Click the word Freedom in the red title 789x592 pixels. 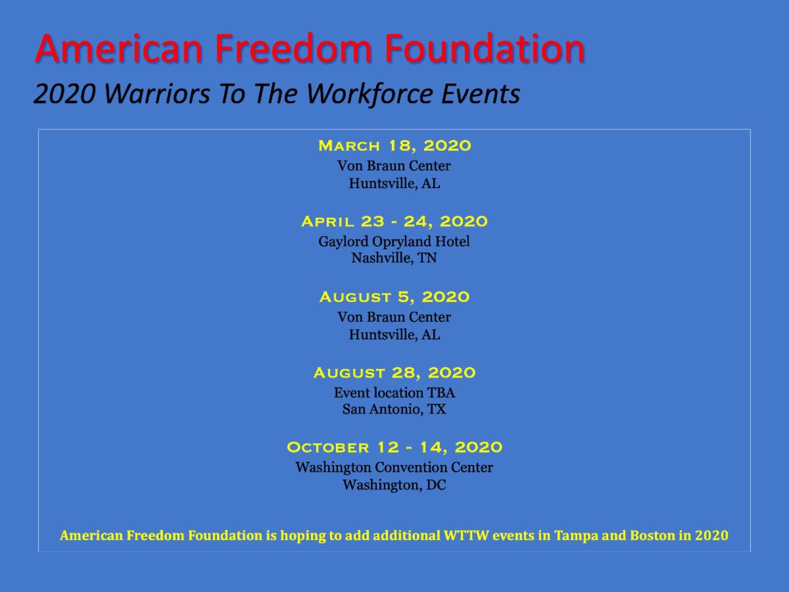click(293, 48)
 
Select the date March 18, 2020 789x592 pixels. click(394, 146)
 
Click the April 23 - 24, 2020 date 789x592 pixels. click(394, 222)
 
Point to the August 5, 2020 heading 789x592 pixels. click(394, 297)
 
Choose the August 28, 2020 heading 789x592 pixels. click(394, 373)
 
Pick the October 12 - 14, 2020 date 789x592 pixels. click(394, 447)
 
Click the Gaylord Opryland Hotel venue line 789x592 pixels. click(394, 242)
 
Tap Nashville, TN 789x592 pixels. click(394, 258)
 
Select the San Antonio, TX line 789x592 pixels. click(394, 409)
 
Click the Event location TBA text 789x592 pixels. click(394, 393)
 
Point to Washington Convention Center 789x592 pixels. click(394, 467)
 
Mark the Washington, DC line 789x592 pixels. click(394, 485)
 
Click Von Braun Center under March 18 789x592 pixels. click(394, 166)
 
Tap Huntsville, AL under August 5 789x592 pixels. click(394, 335)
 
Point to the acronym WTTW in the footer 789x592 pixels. click(466, 535)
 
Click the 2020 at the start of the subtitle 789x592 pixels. click(64, 94)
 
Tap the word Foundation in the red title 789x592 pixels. click(485, 48)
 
